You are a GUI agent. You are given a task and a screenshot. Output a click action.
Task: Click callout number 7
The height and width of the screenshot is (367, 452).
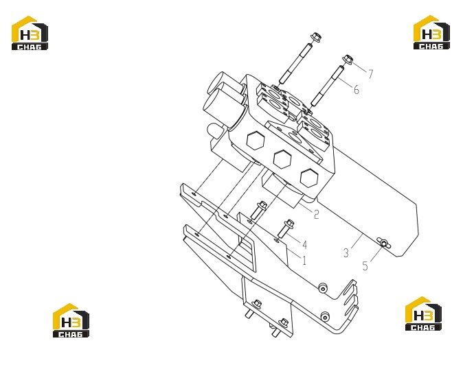(370, 74)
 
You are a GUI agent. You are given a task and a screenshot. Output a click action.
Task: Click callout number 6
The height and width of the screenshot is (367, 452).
(357, 89)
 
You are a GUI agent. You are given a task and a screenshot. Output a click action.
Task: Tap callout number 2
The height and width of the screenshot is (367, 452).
(316, 215)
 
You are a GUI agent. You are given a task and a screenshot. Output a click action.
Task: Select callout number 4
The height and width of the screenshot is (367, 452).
(304, 245)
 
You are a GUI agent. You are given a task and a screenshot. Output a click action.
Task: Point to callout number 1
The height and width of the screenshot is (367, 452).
(304, 260)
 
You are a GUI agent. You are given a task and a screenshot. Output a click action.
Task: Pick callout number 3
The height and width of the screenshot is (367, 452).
(346, 252)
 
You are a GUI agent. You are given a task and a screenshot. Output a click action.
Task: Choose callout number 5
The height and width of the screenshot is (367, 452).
(365, 266)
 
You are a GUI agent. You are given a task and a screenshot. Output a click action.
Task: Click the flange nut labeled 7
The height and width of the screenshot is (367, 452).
(348, 59)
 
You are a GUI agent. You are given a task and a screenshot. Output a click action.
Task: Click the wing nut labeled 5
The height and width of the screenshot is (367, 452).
(384, 244)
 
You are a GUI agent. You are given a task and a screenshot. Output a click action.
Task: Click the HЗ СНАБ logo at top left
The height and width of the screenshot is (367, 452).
(30, 33)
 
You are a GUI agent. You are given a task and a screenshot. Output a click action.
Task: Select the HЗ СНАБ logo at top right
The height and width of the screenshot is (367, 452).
(431, 32)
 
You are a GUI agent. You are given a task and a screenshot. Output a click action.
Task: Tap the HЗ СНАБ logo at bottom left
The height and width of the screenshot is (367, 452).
(71, 320)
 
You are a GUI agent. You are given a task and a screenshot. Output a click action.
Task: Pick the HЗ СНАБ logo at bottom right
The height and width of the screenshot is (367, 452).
(423, 313)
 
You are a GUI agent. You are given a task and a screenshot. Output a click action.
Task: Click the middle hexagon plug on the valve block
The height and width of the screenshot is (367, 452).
(282, 158)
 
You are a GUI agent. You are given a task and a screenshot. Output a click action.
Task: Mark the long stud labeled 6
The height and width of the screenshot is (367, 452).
(327, 86)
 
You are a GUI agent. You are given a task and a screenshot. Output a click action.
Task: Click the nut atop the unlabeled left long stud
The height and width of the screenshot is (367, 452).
(316, 38)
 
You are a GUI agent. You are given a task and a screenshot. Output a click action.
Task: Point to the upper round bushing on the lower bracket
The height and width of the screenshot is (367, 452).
(323, 288)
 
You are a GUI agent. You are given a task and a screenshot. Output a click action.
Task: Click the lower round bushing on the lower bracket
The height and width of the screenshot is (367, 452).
(326, 317)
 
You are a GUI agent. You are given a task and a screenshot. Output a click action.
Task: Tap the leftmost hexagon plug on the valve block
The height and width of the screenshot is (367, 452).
(256, 140)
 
